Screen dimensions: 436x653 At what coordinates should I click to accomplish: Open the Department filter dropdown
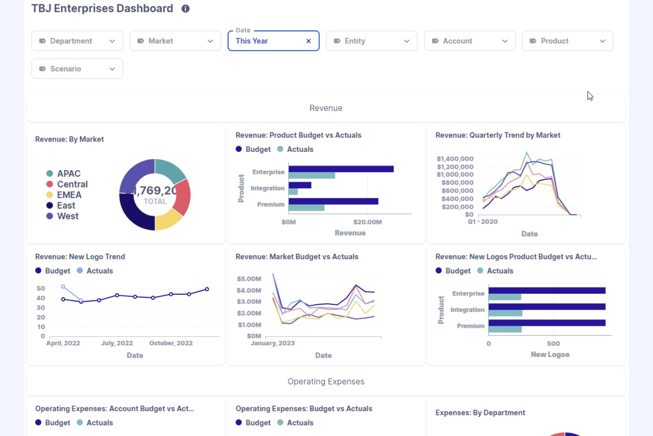[x=77, y=41]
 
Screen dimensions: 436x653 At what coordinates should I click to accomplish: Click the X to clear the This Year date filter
[x=308, y=41]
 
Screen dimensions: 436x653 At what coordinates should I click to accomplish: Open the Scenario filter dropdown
[x=77, y=69]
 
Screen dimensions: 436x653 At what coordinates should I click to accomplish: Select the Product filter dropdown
[x=567, y=41]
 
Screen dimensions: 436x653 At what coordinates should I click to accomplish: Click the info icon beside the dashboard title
[x=185, y=9]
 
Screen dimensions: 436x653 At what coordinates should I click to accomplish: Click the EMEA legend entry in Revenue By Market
[x=69, y=195]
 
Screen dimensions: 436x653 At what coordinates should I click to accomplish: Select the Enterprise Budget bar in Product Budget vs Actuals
[x=341, y=169]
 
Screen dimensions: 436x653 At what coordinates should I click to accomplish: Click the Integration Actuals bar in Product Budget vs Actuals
[x=293, y=192]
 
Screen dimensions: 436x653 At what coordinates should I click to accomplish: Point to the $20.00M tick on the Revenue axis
[x=367, y=222]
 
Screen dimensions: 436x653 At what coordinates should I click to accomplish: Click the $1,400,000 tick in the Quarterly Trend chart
[x=455, y=159]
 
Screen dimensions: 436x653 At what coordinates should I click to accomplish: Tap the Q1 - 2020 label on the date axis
[x=483, y=222]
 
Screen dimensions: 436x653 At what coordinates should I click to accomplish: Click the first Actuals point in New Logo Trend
[x=64, y=287]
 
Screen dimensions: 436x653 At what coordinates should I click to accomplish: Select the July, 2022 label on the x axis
[x=117, y=343]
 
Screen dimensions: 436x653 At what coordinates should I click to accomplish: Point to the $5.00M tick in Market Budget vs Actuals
[x=249, y=279]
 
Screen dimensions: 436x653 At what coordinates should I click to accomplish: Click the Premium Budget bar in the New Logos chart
[x=547, y=323]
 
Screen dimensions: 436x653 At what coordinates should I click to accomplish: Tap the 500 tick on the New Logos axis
[x=553, y=344]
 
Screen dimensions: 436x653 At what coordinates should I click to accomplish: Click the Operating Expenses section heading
[x=326, y=382]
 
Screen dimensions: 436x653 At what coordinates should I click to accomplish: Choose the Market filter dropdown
[x=175, y=41]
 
